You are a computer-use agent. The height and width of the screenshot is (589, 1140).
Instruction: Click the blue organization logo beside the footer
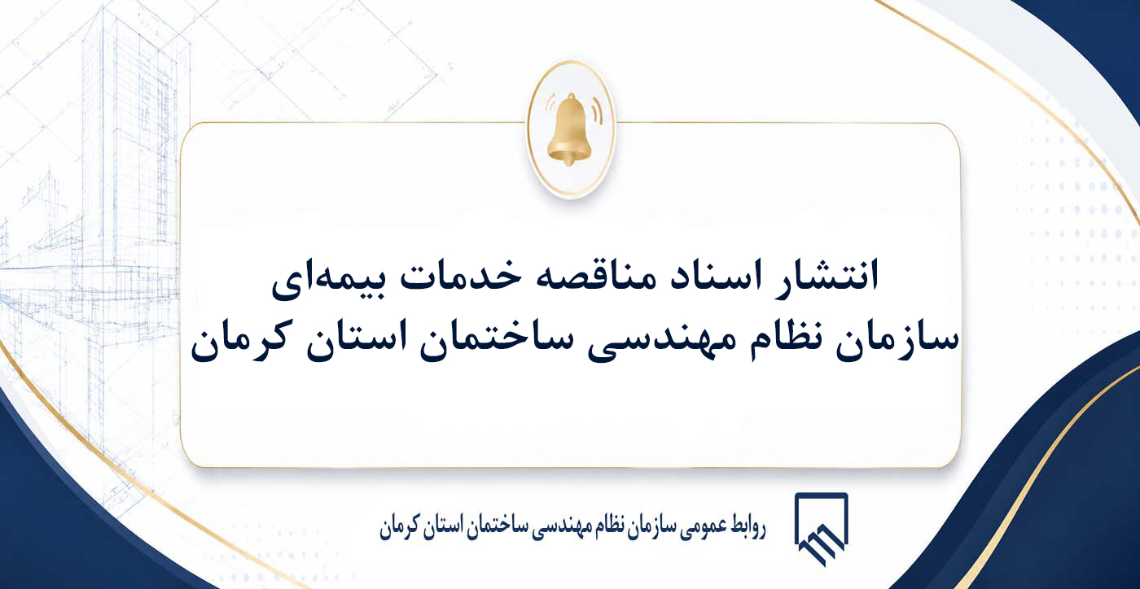pyautogui.click(x=821, y=529)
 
